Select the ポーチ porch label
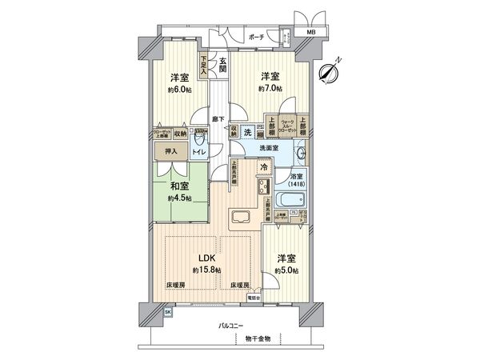tap(256, 36)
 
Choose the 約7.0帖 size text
tap(268, 90)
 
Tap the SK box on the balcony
tap(167, 311)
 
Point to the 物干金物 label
tap(258, 339)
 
